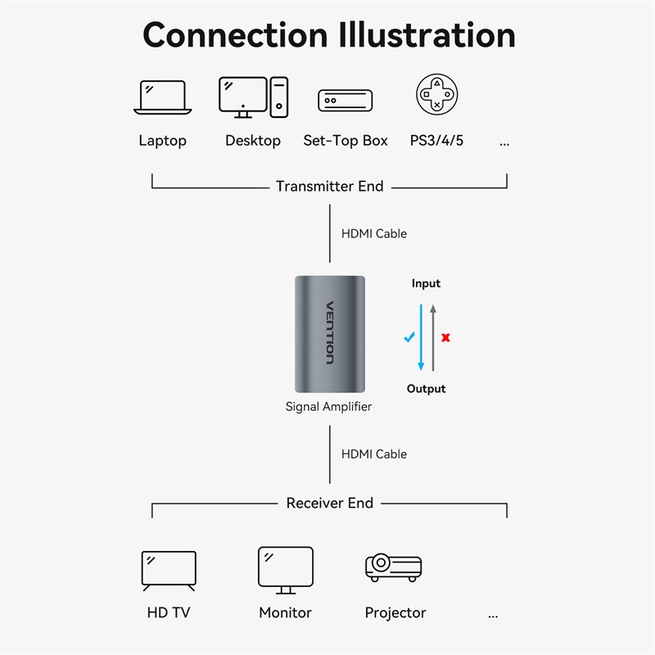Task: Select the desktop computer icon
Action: (x=253, y=97)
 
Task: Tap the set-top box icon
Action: (x=345, y=101)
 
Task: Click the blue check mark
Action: (x=409, y=337)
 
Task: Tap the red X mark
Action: (x=446, y=337)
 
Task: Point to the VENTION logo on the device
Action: (x=330, y=332)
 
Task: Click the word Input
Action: (x=426, y=283)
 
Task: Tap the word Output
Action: (x=426, y=388)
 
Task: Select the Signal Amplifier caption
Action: (x=328, y=406)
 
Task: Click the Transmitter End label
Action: (x=329, y=187)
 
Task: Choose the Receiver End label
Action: (x=329, y=503)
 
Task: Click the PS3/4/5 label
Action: (x=436, y=141)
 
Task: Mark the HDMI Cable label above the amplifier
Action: (x=373, y=233)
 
